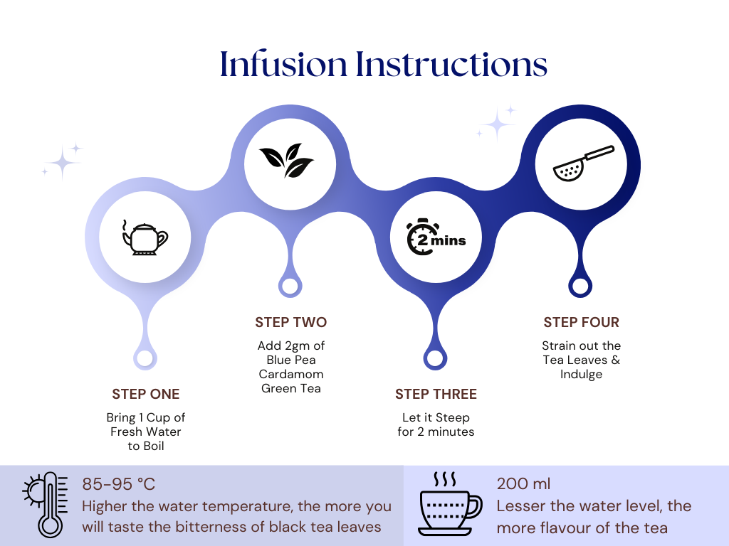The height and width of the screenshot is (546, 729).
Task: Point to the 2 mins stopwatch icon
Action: [435, 237]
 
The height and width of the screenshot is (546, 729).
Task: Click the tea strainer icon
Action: [582, 164]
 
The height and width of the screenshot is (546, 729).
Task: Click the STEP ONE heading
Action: [146, 395]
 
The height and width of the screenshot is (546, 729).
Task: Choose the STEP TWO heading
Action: [291, 323]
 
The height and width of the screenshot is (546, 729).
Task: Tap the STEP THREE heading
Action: [436, 395]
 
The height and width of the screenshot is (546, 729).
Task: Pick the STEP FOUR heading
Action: [582, 323]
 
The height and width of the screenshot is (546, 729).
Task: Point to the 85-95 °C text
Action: [119, 485]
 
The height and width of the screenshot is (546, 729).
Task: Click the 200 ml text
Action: [523, 485]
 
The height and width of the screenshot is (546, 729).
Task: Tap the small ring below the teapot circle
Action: [145, 358]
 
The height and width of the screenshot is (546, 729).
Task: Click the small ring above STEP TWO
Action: [289, 287]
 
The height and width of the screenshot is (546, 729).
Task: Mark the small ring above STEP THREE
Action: [434, 358]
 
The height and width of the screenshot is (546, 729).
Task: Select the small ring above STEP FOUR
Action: [580, 287]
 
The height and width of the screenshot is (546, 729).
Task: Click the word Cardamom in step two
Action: [291, 374]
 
